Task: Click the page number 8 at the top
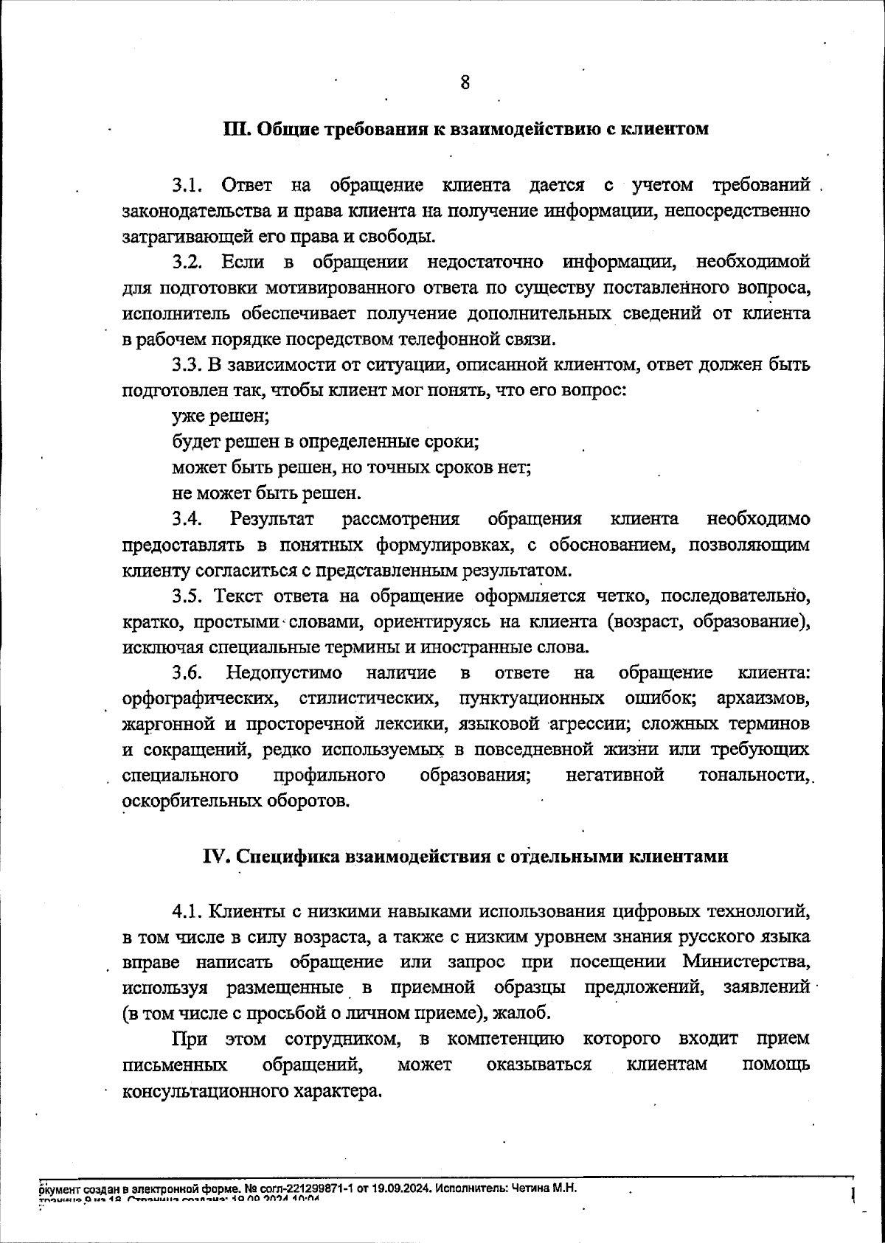(x=465, y=83)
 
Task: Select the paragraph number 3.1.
(x=187, y=185)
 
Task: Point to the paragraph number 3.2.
(x=187, y=262)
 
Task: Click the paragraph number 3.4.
(x=187, y=519)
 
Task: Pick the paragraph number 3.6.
(x=187, y=673)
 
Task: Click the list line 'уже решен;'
(x=221, y=417)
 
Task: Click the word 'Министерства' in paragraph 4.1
(x=746, y=962)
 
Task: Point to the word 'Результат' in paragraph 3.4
(x=272, y=519)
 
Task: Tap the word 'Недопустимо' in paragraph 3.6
(x=284, y=673)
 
